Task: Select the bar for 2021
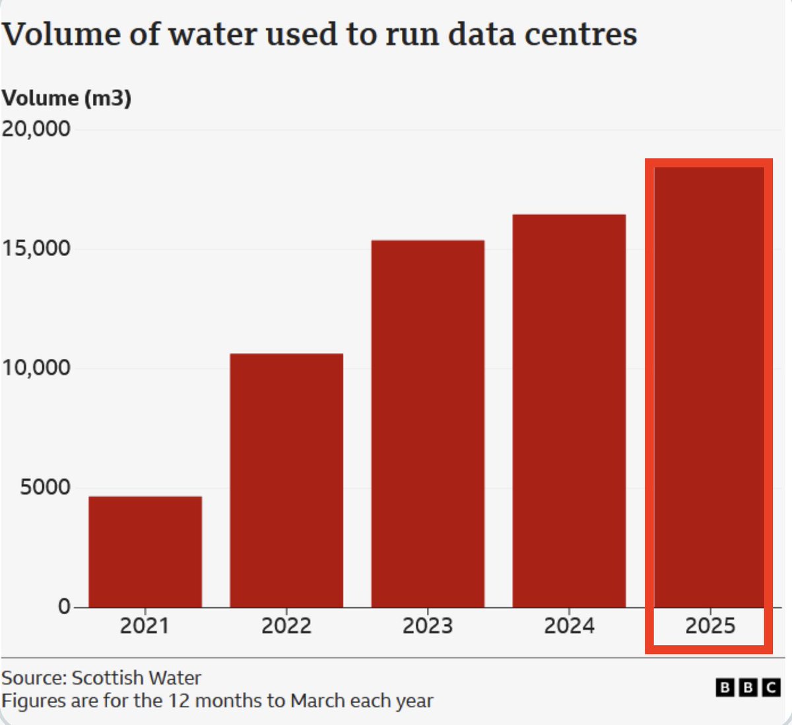click(145, 552)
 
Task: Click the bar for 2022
click(286, 480)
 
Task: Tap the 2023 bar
click(428, 424)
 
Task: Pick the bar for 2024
click(569, 410)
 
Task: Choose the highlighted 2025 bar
click(709, 387)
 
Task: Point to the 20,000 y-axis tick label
click(36, 129)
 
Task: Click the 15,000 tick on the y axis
click(36, 248)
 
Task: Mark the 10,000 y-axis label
click(36, 367)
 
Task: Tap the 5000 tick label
click(45, 487)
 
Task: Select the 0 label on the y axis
click(64, 606)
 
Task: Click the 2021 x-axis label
click(145, 625)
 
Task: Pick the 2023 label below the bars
click(428, 625)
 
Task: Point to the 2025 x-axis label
click(710, 625)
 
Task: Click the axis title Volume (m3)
click(67, 98)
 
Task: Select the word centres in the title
click(585, 34)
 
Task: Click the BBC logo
click(748, 688)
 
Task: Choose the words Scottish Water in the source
click(136, 678)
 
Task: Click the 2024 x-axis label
click(569, 625)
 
